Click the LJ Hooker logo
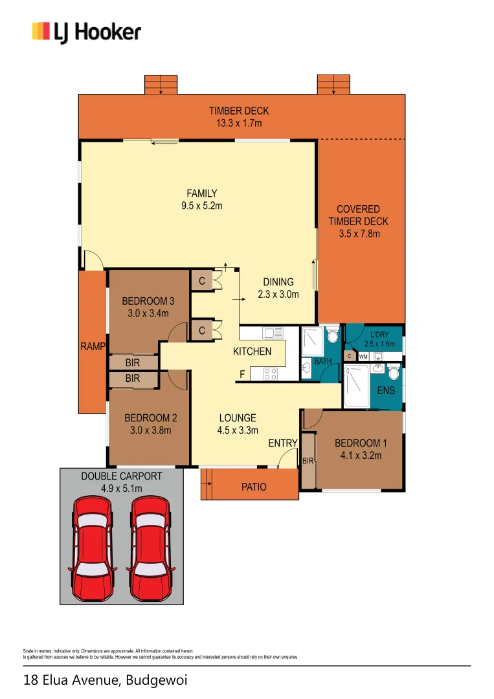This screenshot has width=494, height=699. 86,32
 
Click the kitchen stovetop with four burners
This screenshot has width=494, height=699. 271,373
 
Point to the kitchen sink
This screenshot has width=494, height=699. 273,333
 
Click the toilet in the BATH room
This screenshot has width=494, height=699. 332,335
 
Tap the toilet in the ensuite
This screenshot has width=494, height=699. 393,373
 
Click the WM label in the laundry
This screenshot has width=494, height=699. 363,357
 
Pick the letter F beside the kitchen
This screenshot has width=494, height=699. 242,374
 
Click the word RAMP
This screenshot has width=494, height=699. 93,347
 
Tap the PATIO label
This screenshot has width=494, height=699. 254,487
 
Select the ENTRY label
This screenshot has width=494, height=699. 283,443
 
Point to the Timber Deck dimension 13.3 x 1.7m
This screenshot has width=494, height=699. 239,123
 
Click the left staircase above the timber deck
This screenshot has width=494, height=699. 161,85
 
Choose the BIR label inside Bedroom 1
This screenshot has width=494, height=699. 308,461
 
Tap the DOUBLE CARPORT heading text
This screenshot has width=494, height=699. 122,476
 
